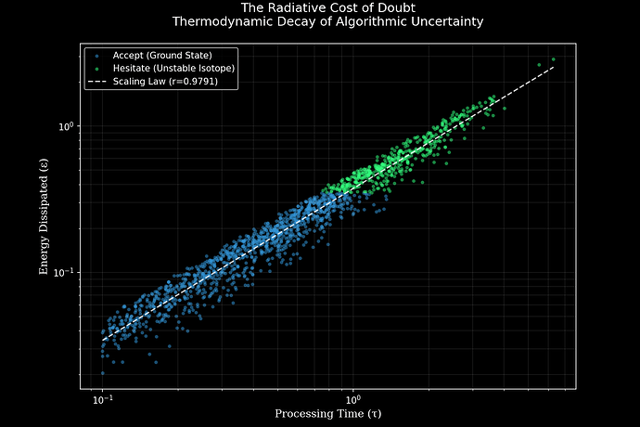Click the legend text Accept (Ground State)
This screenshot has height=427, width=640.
162,56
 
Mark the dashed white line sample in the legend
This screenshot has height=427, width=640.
96,83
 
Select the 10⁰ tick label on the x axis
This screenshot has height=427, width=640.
352,399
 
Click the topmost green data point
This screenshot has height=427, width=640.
554,59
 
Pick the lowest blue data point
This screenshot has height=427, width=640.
103,372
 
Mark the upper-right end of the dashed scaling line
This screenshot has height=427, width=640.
554,67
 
